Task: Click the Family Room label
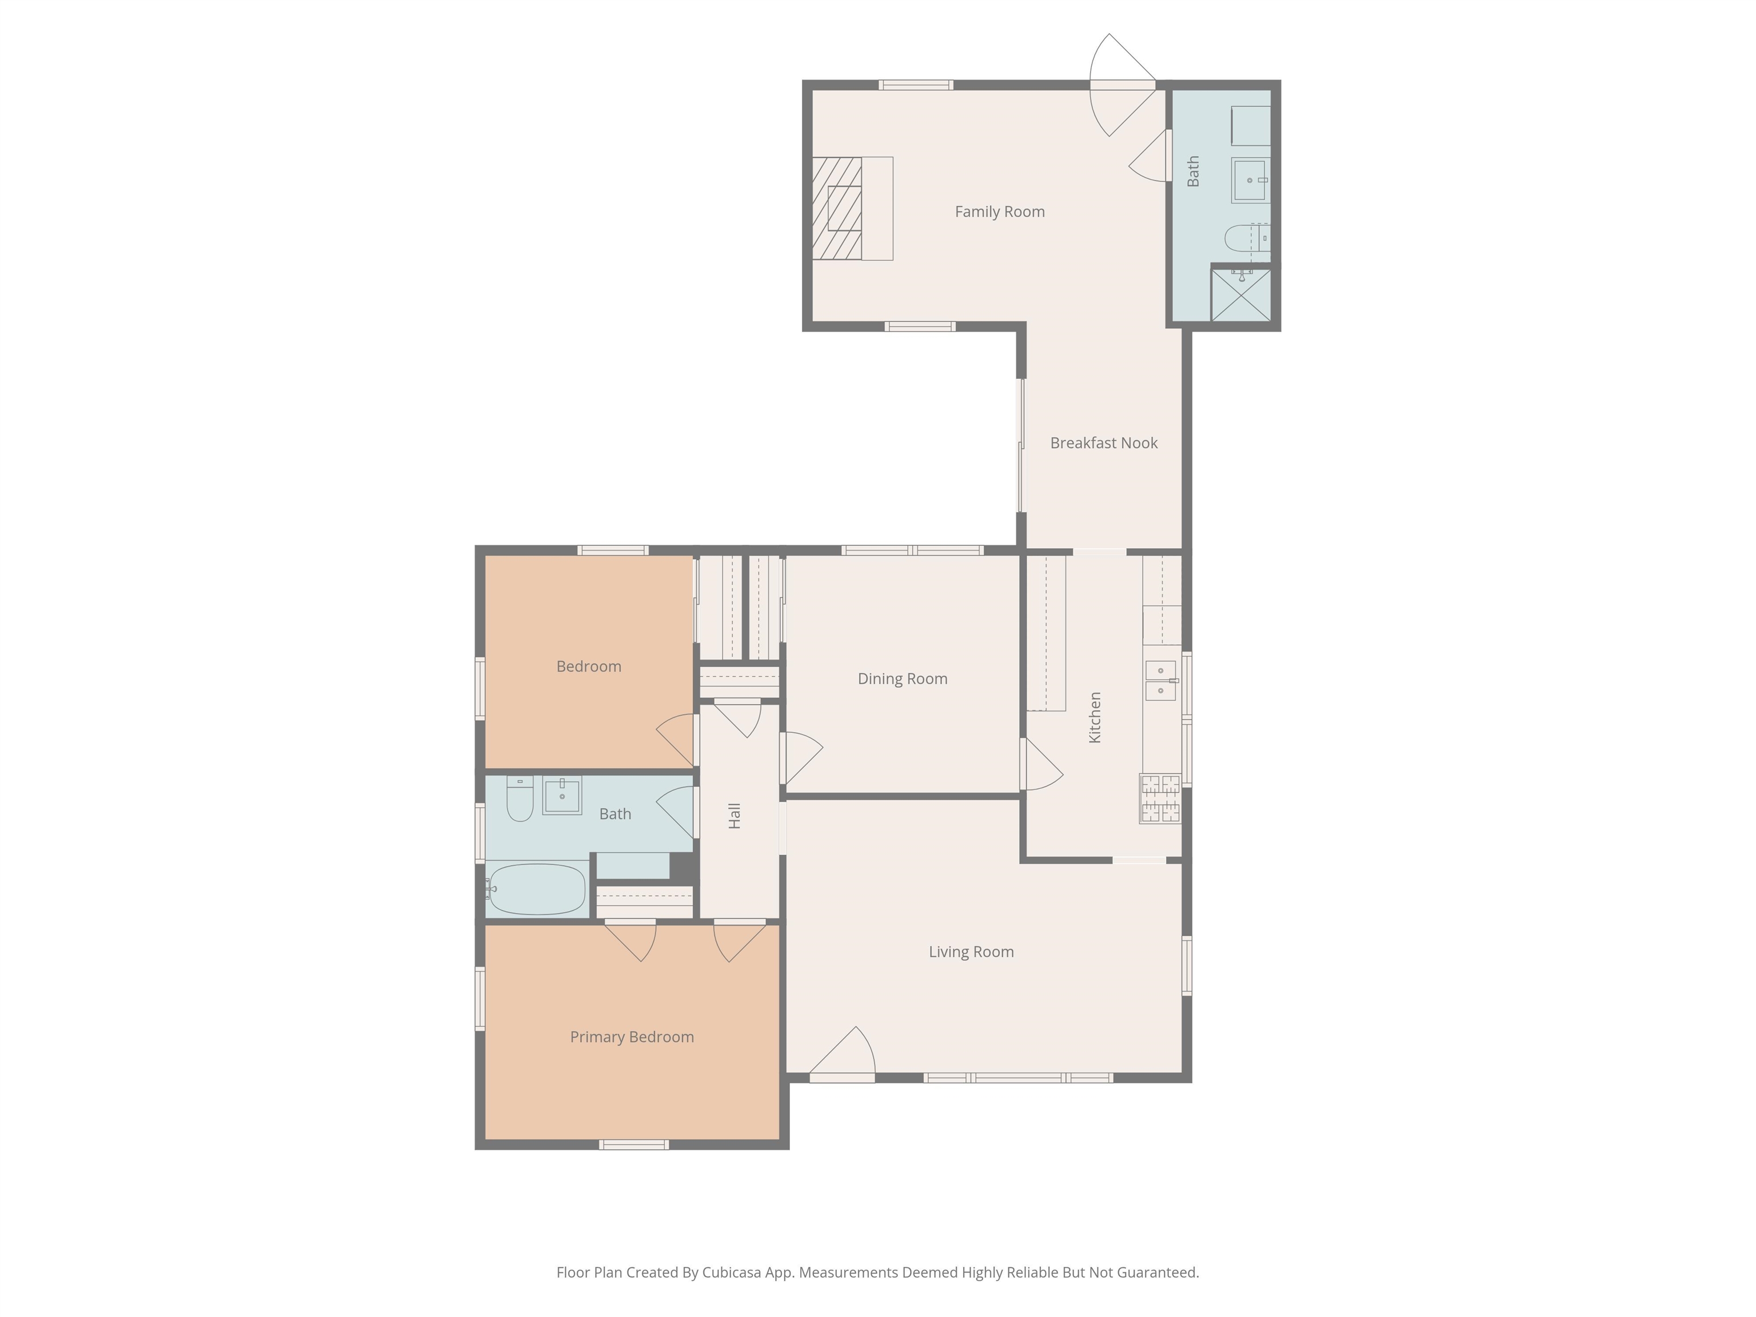(x=999, y=211)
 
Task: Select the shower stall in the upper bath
(x=1240, y=294)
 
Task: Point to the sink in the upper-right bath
(x=1250, y=180)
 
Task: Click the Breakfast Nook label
(x=1103, y=443)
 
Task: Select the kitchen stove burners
(x=1160, y=798)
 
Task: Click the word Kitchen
(x=1095, y=717)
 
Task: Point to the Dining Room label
(x=902, y=679)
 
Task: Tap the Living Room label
(x=971, y=952)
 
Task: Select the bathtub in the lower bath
(x=537, y=889)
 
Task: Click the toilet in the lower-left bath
(x=520, y=800)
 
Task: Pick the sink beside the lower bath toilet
(x=561, y=796)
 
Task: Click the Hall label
(x=735, y=815)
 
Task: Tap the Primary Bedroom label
(x=631, y=1037)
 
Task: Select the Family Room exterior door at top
(x=1121, y=85)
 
